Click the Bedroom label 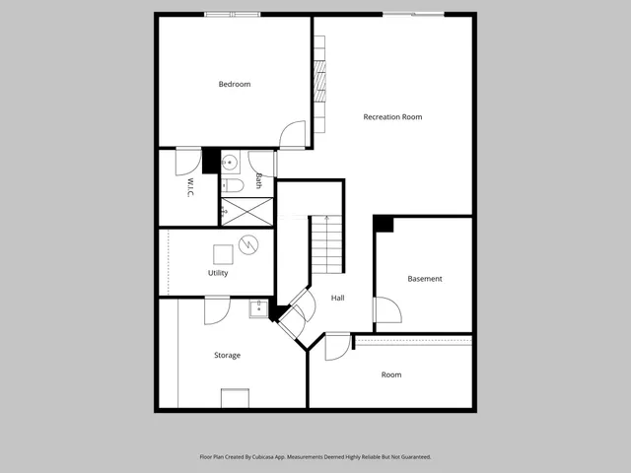click(235, 85)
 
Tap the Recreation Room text click(392, 117)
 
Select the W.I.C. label click(188, 187)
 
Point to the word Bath click(259, 181)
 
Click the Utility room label click(218, 273)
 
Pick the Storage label click(227, 355)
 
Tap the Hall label click(337, 298)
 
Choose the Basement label click(425, 279)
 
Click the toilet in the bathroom click(232, 185)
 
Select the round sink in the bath click(228, 162)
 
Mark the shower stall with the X click(246, 210)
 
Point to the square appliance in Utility click(223, 251)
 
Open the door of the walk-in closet click(187, 161)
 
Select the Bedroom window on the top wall click(233, 14)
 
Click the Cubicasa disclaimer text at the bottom click(315, 457)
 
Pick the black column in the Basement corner click(384, 224)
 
